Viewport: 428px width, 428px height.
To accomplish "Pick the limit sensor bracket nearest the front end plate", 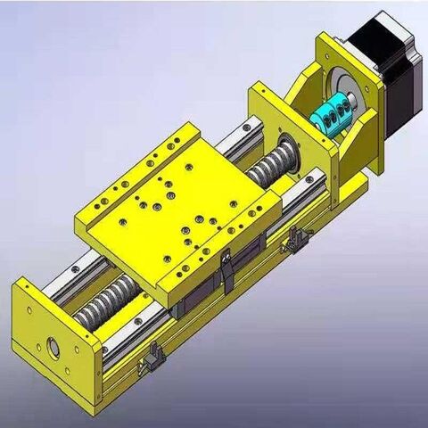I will (152, 358).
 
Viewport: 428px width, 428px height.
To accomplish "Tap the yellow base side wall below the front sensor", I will (178, 366).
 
